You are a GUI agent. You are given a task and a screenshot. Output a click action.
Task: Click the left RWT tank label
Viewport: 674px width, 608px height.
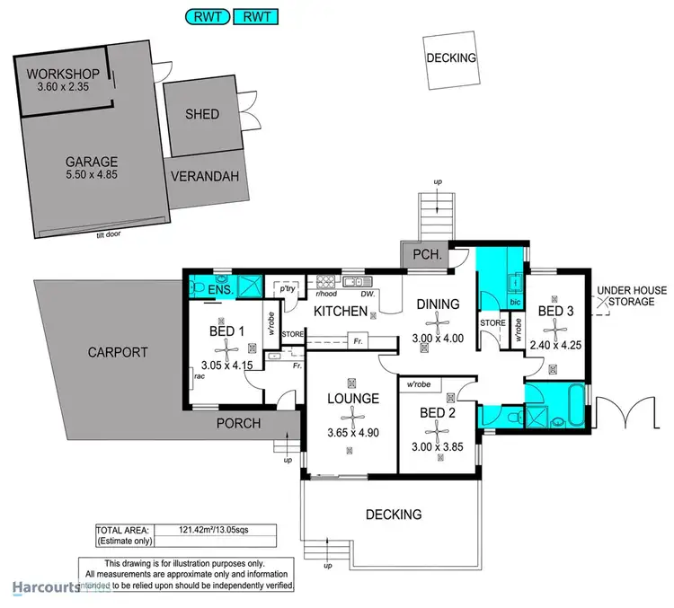205,15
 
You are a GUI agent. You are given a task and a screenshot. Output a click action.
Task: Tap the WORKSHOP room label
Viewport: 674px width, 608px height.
60,73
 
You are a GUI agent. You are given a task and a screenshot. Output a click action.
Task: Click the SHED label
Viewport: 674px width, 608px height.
202,115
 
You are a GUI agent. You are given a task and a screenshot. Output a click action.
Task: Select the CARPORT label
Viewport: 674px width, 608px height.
118,352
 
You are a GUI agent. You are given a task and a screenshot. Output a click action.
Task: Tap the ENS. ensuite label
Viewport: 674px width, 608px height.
220,291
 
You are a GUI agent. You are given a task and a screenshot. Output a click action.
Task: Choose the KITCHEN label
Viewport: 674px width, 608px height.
340,312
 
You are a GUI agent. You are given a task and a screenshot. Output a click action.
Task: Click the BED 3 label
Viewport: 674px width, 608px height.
555,311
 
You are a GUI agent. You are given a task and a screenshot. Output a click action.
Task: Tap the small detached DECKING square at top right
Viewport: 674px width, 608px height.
451,59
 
